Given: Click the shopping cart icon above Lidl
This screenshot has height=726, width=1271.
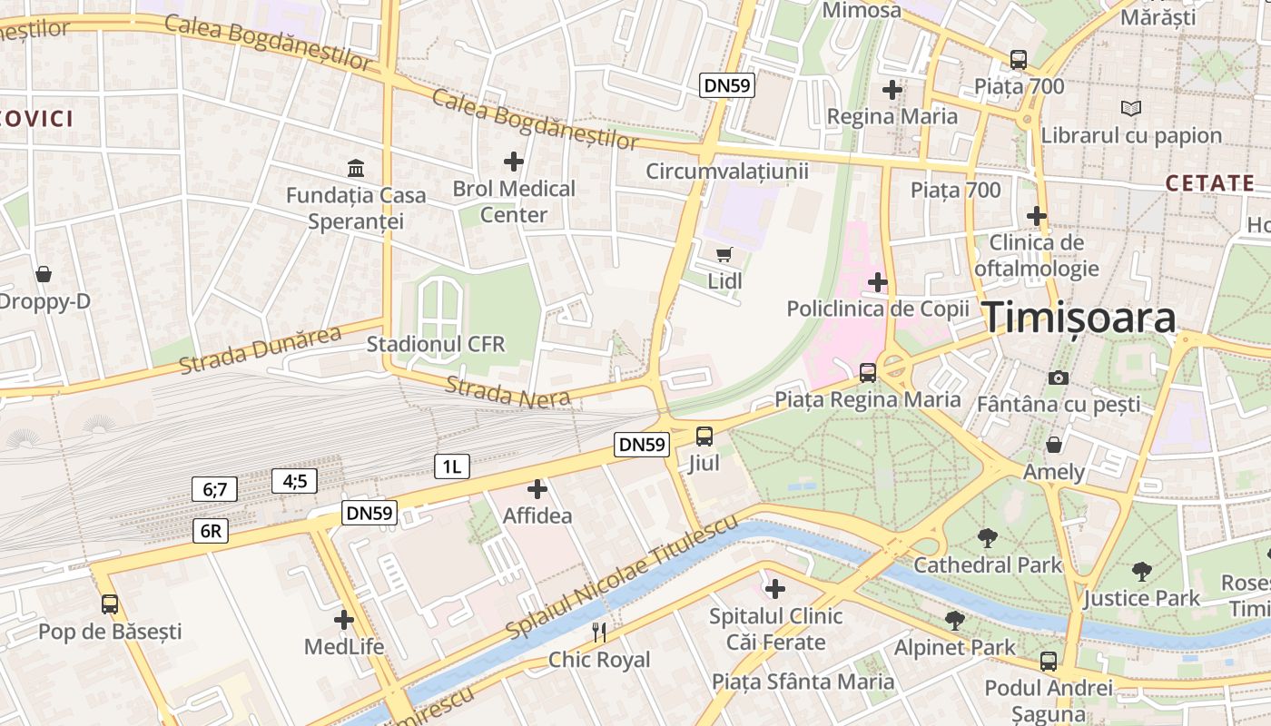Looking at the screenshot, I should [724, 254].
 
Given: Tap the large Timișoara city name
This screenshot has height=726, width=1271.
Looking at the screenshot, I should [1079, 318].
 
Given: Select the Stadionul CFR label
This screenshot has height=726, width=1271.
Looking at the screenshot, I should [436, 345].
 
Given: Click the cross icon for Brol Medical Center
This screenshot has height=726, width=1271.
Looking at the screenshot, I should [514, 162].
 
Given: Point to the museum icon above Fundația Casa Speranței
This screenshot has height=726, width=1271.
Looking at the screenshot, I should [356, 168].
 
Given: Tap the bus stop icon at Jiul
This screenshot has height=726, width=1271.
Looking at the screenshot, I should [704, 436].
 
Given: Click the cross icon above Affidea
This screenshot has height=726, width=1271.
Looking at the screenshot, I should [537, 490].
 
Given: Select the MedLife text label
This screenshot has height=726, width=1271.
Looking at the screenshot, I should [344, 647].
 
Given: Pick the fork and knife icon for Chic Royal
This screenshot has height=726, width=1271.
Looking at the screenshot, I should [599, 632].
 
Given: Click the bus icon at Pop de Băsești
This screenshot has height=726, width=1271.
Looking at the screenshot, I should [110, 603].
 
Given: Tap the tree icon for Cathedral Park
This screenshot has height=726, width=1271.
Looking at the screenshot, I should [987, 538].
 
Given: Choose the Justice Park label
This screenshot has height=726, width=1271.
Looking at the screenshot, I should [1141, 598].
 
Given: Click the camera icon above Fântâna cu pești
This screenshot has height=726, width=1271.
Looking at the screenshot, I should [1058, 378].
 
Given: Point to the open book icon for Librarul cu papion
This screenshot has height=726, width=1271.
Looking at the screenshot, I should [1130, 108].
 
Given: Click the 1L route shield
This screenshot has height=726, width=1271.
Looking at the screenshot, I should [452, 466].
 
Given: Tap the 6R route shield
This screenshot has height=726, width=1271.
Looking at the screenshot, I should [210, 531].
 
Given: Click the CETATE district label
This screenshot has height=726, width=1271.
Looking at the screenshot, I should [1210, 182].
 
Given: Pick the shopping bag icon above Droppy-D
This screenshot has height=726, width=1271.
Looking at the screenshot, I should [43, 274].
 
